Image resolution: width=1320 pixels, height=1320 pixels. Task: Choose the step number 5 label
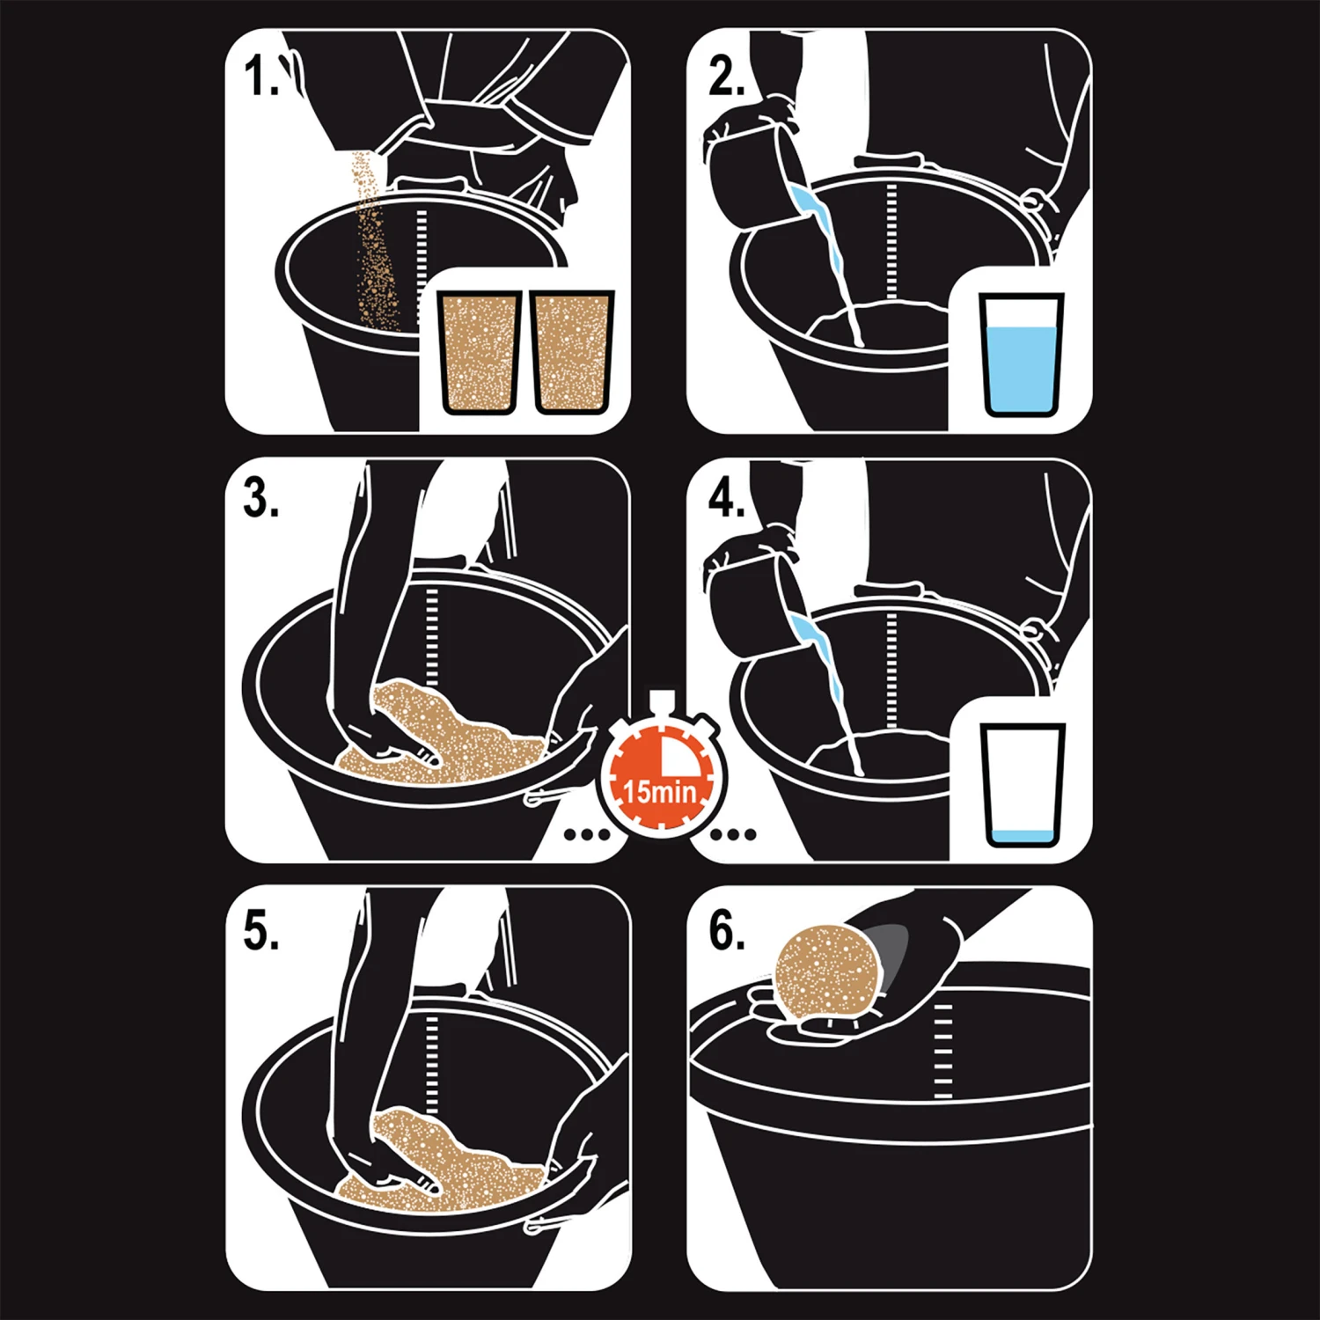261,930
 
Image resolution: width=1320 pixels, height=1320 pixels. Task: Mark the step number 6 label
727,930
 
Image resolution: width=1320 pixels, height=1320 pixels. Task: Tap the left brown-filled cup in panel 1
480,352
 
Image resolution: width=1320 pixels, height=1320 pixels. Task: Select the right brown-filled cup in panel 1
572,352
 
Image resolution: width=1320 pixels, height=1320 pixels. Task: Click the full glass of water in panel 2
1021,355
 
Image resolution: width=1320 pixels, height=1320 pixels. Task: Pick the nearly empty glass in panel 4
1022,785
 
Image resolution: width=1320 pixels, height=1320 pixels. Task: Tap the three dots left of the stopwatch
585,833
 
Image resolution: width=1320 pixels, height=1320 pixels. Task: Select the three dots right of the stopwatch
733,833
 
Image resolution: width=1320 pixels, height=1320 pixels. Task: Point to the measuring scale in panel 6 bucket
942,1051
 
